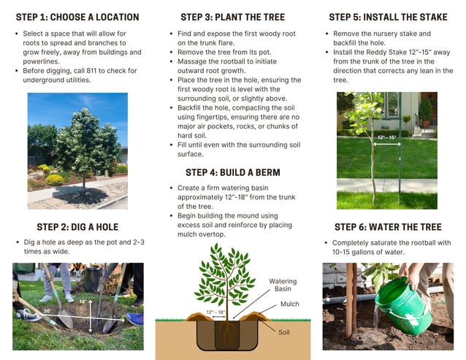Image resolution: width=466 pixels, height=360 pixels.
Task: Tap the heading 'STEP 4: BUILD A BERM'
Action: (x=232, y=172)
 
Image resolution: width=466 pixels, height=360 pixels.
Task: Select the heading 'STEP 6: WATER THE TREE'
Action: (x=388, y=227)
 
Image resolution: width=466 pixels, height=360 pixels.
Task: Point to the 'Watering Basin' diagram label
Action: (x=283, y=285)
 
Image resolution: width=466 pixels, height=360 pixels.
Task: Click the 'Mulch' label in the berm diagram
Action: (x=289, y=304)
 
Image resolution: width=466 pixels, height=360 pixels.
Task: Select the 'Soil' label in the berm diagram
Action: (x=284, y=332)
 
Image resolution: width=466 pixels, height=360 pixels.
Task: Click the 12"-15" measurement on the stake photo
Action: (x=386, y=137)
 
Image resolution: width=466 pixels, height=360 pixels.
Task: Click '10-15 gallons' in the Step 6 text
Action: (x=358, y=252)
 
